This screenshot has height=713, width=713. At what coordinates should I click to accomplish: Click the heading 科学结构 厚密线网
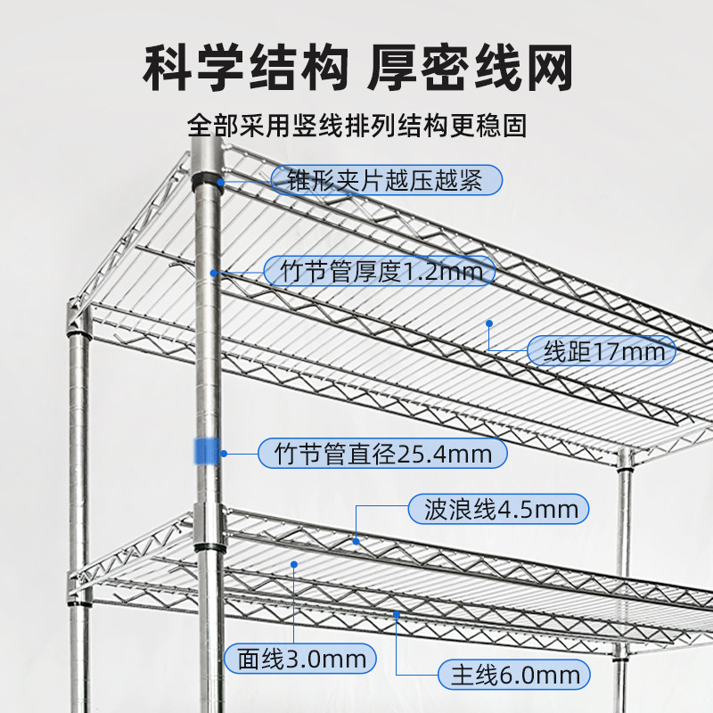pyautogui.click(x=357, y=68)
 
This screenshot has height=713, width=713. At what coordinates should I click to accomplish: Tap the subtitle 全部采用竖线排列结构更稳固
pyautogui.click(x=357, y=125)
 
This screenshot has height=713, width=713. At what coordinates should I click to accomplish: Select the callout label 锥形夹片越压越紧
pyautogui.click(x=387, y=180)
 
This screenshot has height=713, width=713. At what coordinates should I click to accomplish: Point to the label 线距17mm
pyautogui.click(x=602, y=351)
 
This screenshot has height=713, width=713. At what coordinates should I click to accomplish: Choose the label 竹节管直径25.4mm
pyautogui.click(x=382, y=454)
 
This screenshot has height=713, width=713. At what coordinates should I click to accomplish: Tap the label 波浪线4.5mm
pyautogui.click(x=499, y=509)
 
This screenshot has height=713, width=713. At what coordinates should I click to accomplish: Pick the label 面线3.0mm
pyautogui.click(x=300, y=659)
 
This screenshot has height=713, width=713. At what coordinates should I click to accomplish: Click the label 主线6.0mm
pyautogui.click(x=514, y=675)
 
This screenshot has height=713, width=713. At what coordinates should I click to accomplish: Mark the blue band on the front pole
pyautogui.click(x=207, y=452)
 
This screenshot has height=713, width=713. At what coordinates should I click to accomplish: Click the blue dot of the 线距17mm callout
pyautogui.click(x=489, y=324)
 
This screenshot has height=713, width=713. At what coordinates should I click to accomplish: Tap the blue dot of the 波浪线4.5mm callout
pyautogui.click(x=356, y=542)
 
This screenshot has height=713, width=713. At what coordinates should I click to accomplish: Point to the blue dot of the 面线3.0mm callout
pyautogui.click(x=294, y=564)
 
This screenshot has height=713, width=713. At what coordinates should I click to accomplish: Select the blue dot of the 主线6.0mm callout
pyautogui.click(x=397, y=615)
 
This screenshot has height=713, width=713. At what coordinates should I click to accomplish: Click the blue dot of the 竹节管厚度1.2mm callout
pyautogui.click(x=213, y=273)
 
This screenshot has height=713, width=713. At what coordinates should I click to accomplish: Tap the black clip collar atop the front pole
pyautogui.click(x=208, y=181)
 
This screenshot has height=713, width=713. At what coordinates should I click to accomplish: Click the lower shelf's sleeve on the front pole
pyautogui.click(x=209, y=527)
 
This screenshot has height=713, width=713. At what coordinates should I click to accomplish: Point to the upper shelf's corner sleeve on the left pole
pyautogui.click(x=78, y=317)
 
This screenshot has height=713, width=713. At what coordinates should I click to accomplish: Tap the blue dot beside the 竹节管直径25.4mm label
pyautogui.click(x=224, y=454)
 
